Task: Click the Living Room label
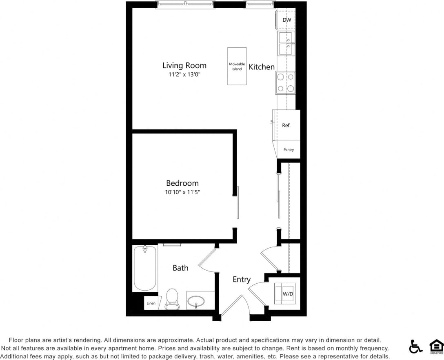(184, 65)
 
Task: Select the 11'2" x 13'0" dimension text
(184, 75)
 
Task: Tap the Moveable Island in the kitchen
(237, 66)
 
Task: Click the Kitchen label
(262, 67)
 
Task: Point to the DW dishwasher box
(286, 20)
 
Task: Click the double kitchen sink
(286, 43)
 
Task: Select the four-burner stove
(285, 82)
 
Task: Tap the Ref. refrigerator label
(286, 125)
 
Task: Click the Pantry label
(289, 150)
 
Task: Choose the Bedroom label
(182, 183)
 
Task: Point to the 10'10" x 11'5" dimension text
(182, 192)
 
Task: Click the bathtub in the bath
(145, 268)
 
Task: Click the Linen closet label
(151, 303)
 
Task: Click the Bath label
(180, 268)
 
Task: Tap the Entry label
(242, 280)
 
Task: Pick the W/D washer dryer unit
(284, 293)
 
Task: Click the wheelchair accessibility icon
(416, 347)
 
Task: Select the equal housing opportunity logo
(436, 347)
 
